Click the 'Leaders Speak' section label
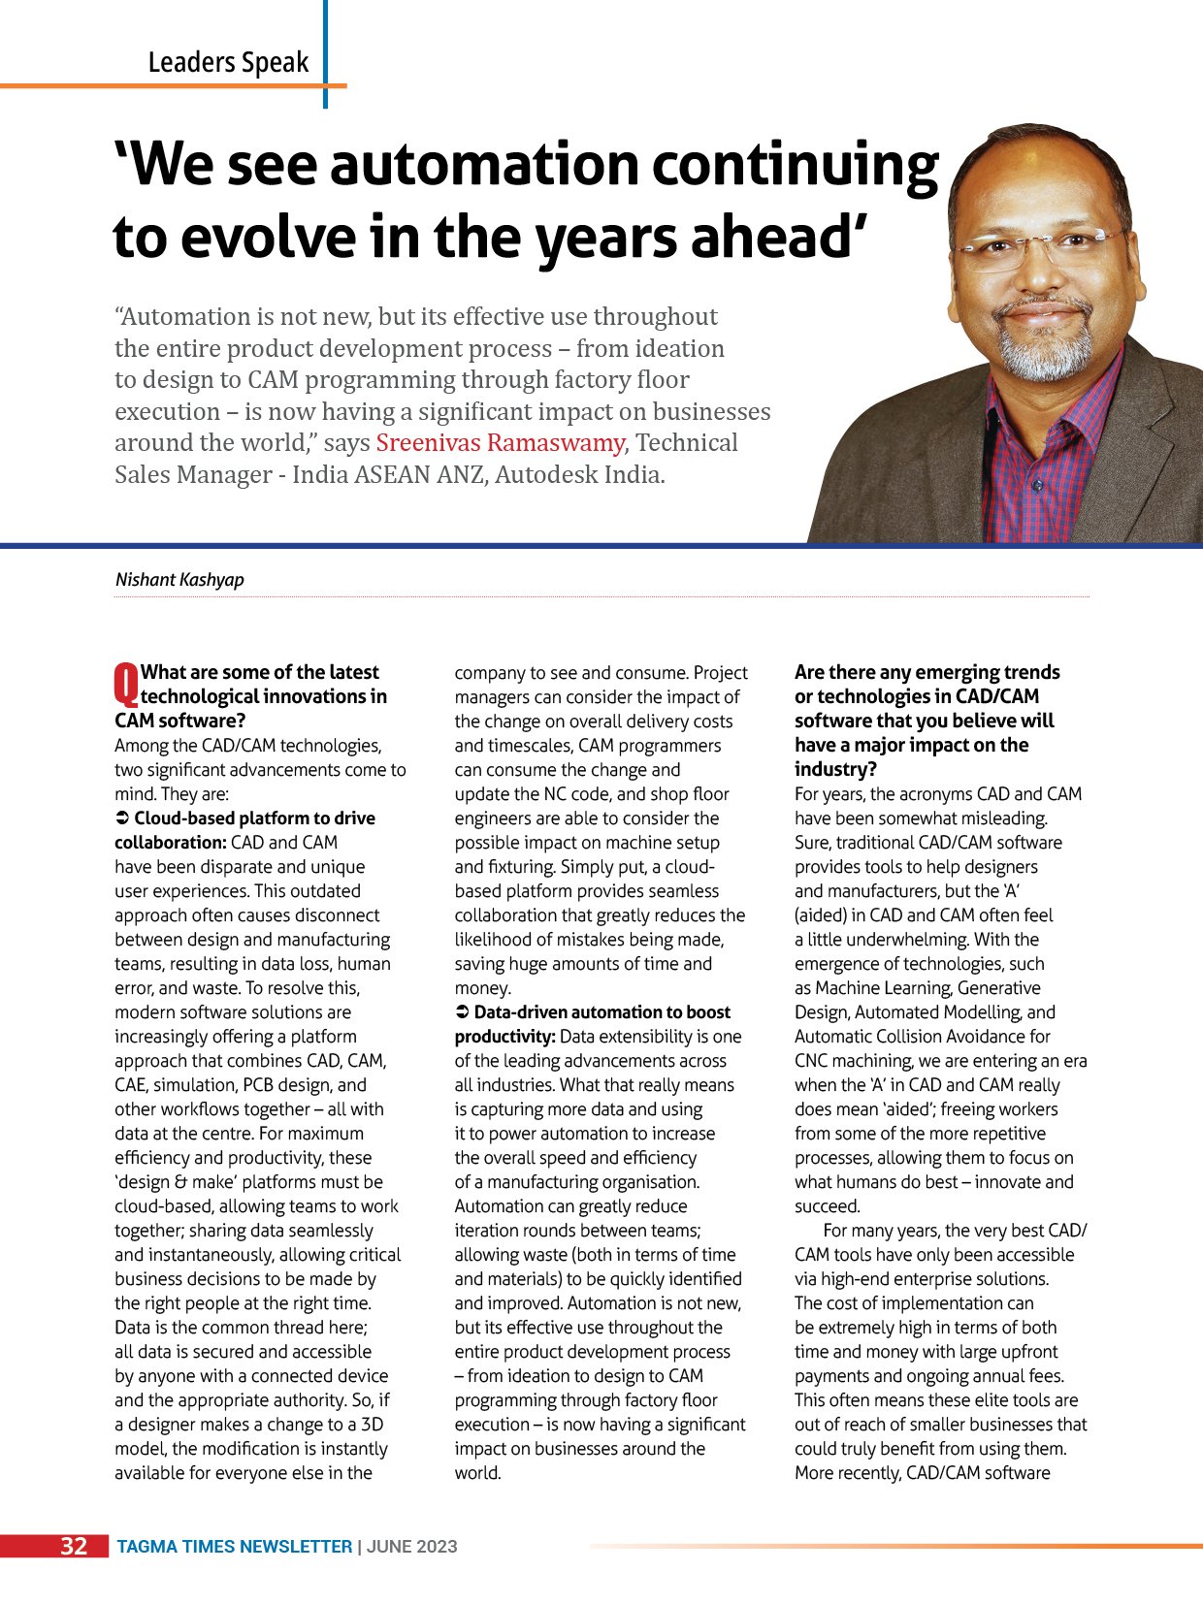coord(228,63)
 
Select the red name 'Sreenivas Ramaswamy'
coord(500,443)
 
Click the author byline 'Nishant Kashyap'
coord(179,580)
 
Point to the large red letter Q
coord(126,683)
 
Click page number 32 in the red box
coord(74,1546)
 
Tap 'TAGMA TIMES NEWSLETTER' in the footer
coord(235,1547)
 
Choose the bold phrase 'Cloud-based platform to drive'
coord(254,818)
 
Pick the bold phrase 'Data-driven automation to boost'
coord(601,1012)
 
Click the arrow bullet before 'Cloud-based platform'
coord(122,818)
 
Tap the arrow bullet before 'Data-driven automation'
coord(462,1012)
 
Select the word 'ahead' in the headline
coord(766,238)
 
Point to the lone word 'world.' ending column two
coord(478,1473)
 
